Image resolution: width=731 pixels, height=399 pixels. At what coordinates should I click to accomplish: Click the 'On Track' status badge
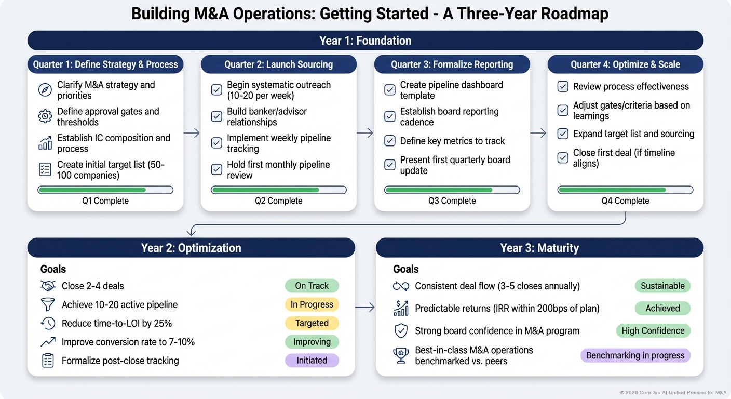coord(312,286)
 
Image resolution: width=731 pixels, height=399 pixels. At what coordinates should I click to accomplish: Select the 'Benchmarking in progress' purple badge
coord(635,355)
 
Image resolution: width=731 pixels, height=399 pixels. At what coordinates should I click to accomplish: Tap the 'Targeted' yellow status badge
coord(312,323)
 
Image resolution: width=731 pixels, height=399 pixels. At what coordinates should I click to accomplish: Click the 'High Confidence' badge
coord(653,331)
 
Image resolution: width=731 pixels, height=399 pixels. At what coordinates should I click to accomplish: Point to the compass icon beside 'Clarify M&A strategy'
coord(45,90)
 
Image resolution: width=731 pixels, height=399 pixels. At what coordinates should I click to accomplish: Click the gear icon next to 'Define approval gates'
coord(45,116)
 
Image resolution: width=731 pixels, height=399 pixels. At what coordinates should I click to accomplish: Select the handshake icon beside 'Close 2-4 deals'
coord(48,286)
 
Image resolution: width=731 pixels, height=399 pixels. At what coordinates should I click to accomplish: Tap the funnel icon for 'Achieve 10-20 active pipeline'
coord(48,304)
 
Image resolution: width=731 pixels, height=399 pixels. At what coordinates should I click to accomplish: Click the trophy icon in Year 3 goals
coord(401,355)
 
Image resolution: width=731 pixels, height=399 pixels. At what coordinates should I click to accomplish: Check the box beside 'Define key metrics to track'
coord(390,141)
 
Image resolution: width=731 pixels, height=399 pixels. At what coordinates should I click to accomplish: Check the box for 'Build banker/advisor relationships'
coord(217,116)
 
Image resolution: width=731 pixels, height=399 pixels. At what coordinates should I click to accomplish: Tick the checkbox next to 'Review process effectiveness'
coord(563,87)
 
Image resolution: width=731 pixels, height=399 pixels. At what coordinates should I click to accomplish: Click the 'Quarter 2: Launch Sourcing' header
coord(278,64)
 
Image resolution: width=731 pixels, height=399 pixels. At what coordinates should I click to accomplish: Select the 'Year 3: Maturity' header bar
coord(539,248)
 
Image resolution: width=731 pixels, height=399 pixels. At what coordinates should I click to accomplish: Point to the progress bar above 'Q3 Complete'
coord(452,190)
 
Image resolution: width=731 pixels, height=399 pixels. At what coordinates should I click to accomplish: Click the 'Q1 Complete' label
coord(105,201)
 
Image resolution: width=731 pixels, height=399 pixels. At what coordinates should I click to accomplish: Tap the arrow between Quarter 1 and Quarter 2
coord(192,133)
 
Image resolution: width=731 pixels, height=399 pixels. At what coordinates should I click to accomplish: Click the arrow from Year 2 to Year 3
coord(365,308)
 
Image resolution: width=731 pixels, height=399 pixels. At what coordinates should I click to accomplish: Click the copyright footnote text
coord(673,393)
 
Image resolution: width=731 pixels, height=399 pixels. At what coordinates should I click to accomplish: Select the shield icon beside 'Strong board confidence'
coord(401,331)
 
